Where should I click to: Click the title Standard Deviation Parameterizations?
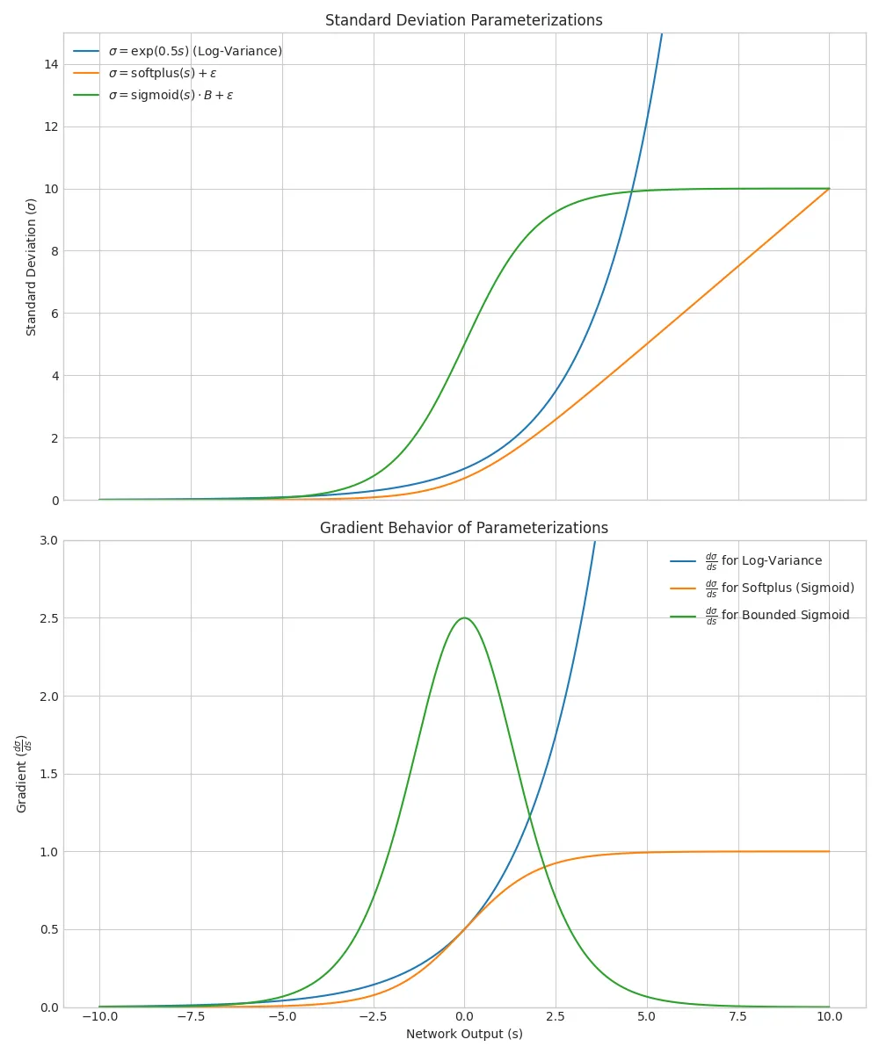[463, 20]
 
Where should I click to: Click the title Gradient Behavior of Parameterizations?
[463, 528]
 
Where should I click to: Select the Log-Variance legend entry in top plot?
[200, 51]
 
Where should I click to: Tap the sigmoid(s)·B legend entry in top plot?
[177, 95]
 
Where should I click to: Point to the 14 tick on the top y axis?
[53, 64]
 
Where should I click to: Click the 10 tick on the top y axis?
[53, 189]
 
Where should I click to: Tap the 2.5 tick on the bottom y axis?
[48, 618]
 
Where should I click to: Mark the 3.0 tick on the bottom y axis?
[48, 540]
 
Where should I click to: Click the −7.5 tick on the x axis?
[190, 1016]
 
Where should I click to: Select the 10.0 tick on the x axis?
[829, 1016]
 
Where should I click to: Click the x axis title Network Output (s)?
[463, 1035]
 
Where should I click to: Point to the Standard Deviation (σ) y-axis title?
[32, 267]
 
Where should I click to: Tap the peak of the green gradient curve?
[464, 618]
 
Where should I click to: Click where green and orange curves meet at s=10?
[828, 189]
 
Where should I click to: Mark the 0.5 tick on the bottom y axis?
[48, 929]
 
